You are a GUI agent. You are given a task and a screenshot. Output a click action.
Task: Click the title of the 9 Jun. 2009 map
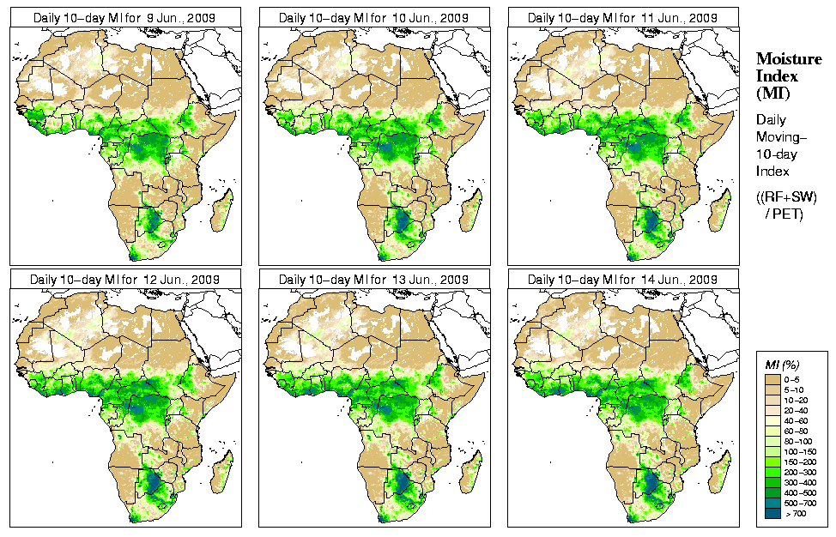tap(124, 18)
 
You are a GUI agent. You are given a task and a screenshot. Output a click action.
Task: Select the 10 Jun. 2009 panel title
tap(373, 18)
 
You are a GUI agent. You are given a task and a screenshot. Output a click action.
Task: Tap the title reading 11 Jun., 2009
tap(622, 18)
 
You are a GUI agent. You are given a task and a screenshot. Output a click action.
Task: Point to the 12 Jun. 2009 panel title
tap(124, 280)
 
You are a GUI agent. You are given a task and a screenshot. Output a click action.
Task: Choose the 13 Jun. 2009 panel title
tap(373, 280)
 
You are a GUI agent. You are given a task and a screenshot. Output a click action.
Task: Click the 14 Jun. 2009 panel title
tap(622, 280)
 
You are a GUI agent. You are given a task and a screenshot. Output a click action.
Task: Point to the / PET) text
tap(784, 214)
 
